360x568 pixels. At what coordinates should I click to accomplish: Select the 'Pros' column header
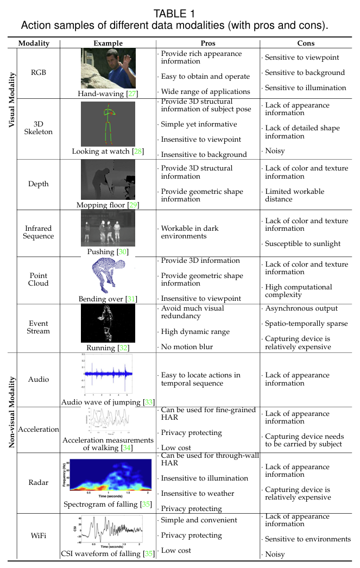click(x=207, y=43)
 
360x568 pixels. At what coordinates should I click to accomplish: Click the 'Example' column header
click(x=108, y=43)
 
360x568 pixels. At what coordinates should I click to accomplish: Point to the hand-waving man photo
click(x=108, y=69)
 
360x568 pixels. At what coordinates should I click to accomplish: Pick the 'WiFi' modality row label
click(x=39, y=535)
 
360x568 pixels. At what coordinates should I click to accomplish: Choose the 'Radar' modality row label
click(x=39, y=482)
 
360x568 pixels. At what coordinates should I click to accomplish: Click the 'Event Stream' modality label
click(x=39, y=327)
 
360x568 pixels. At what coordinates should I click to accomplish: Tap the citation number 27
click(x=131, y=94)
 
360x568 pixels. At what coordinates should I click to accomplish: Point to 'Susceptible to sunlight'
click(x=302, y=243)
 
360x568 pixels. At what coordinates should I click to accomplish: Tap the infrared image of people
click(x=108, y=229)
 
